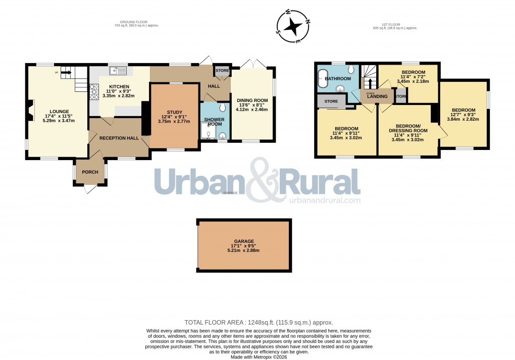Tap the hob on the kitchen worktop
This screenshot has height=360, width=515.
point(93,92)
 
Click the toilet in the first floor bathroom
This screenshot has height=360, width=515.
point(351,71)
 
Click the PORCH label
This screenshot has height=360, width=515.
point(90,172)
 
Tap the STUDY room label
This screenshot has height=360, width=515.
point(174,112)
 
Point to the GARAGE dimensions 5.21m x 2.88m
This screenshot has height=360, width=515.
point(244,250)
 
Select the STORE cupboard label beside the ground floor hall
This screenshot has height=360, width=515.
point(222,71)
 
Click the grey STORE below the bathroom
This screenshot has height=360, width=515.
point(331,101)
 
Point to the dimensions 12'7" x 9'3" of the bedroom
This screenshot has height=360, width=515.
point(463,116)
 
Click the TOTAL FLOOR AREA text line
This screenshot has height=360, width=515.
point(259,322)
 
